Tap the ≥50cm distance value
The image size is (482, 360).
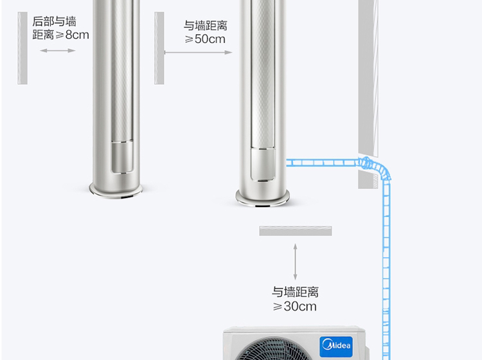205,39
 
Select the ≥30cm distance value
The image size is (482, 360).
295,307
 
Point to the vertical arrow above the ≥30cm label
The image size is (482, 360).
296,261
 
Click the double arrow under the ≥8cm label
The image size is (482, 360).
58,50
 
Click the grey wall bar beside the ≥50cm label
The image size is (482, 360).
159,47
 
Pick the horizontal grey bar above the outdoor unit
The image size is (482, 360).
296,231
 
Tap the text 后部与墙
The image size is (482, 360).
54,21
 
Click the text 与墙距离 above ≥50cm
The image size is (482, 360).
205,26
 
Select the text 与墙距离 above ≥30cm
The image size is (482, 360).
295,292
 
